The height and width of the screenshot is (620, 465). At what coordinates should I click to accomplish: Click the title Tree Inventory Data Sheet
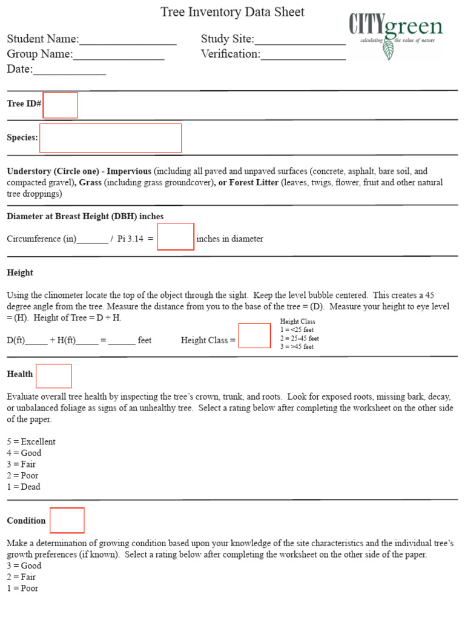(232, 12)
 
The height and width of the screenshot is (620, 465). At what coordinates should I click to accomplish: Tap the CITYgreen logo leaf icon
(388, 50)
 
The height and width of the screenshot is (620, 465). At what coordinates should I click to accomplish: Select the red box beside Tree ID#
(61, 105)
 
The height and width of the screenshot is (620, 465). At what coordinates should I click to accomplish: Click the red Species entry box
(110, 138)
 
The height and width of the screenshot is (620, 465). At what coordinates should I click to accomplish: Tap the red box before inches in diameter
(176, 237)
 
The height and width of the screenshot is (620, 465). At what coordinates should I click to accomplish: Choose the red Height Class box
(254, 336)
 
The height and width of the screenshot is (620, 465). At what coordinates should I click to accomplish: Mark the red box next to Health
(54, 376)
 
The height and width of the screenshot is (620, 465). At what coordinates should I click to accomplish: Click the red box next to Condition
(67, 521)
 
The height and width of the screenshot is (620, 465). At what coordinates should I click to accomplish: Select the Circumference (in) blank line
(93, 240)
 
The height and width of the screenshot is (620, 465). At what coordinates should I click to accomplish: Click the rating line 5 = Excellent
(31, 442)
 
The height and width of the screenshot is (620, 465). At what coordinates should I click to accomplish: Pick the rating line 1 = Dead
(24, 487)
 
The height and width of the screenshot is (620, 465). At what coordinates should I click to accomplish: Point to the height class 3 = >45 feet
(297, 347)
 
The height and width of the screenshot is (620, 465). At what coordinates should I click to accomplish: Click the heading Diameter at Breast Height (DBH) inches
(85, 216)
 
